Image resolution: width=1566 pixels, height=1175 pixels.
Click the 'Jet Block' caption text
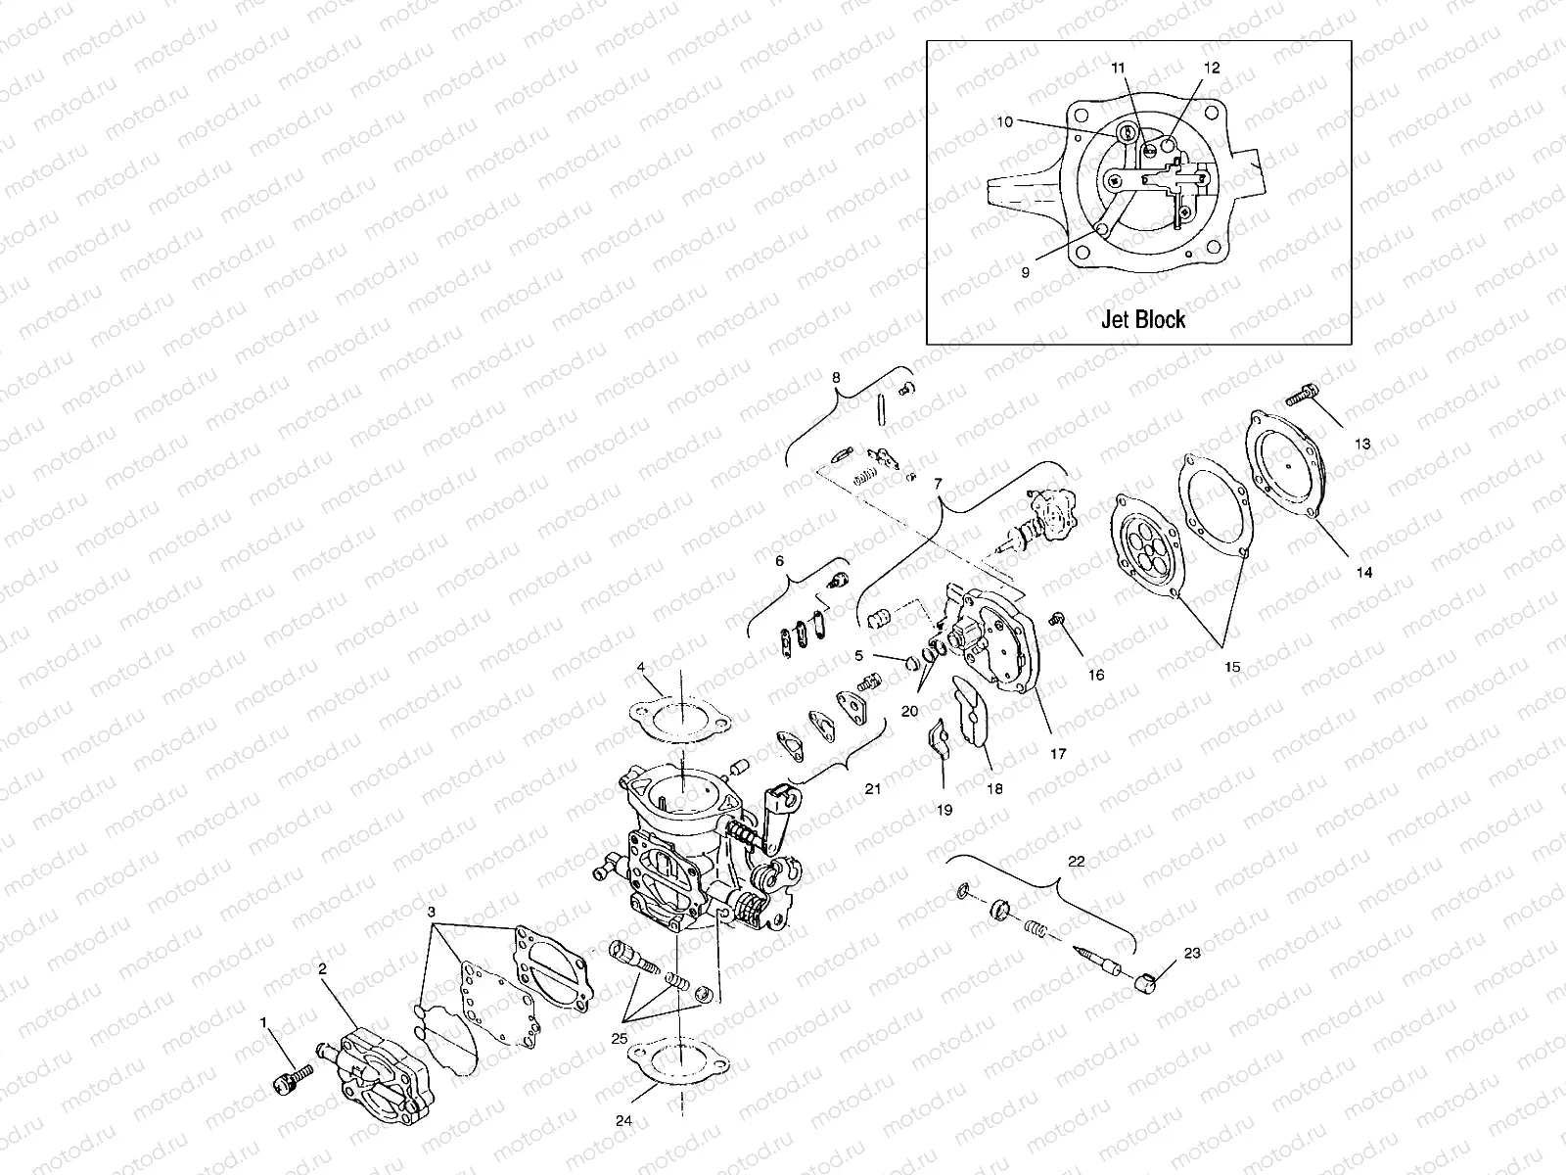tap(1142, 319)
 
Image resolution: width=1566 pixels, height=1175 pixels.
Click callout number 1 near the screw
tap(262, 1022)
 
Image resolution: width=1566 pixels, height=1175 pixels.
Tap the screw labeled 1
tap(289, 1086)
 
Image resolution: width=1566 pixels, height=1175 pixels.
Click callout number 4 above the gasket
tap(641, 668)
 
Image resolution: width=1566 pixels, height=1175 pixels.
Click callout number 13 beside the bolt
tap(1362, 444)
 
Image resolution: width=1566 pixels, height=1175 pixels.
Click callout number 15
tap(1231, 667)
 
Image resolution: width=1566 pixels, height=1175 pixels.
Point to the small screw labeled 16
tap(1057, 619)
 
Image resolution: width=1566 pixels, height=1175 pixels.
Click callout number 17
tap(1057, 754)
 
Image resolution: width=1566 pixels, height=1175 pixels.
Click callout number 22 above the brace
tap(1076, 861)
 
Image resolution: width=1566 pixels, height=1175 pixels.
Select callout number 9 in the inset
tap(1025, 273)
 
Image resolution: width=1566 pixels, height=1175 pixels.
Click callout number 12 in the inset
tap(1212, 69)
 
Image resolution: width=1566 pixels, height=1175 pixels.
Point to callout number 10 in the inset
tap(1004, 122)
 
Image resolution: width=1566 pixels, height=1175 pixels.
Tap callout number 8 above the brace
tap(836, 376)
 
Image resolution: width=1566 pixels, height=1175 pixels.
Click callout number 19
tap(944, 810)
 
